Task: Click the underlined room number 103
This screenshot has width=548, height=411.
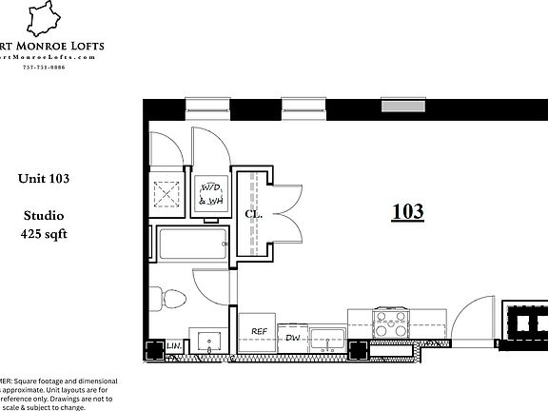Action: coord(407,211)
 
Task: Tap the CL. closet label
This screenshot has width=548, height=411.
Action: coord(253,215)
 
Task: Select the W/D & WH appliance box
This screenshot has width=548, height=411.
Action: coord(209,194)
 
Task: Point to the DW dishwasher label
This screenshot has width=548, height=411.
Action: coord(292,337)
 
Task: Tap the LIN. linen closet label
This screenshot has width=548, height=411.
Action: coord(174,346)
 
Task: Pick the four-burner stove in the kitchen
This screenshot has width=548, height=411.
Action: coord(392,324)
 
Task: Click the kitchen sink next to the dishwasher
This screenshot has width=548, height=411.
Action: coord(330,339)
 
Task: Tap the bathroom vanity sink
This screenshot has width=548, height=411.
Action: coord(208,342)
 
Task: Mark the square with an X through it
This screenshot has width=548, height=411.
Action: coord(169,193)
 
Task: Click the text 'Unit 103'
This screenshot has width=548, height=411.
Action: coord(44,178)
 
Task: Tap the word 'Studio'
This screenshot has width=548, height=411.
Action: coord(43,217)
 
